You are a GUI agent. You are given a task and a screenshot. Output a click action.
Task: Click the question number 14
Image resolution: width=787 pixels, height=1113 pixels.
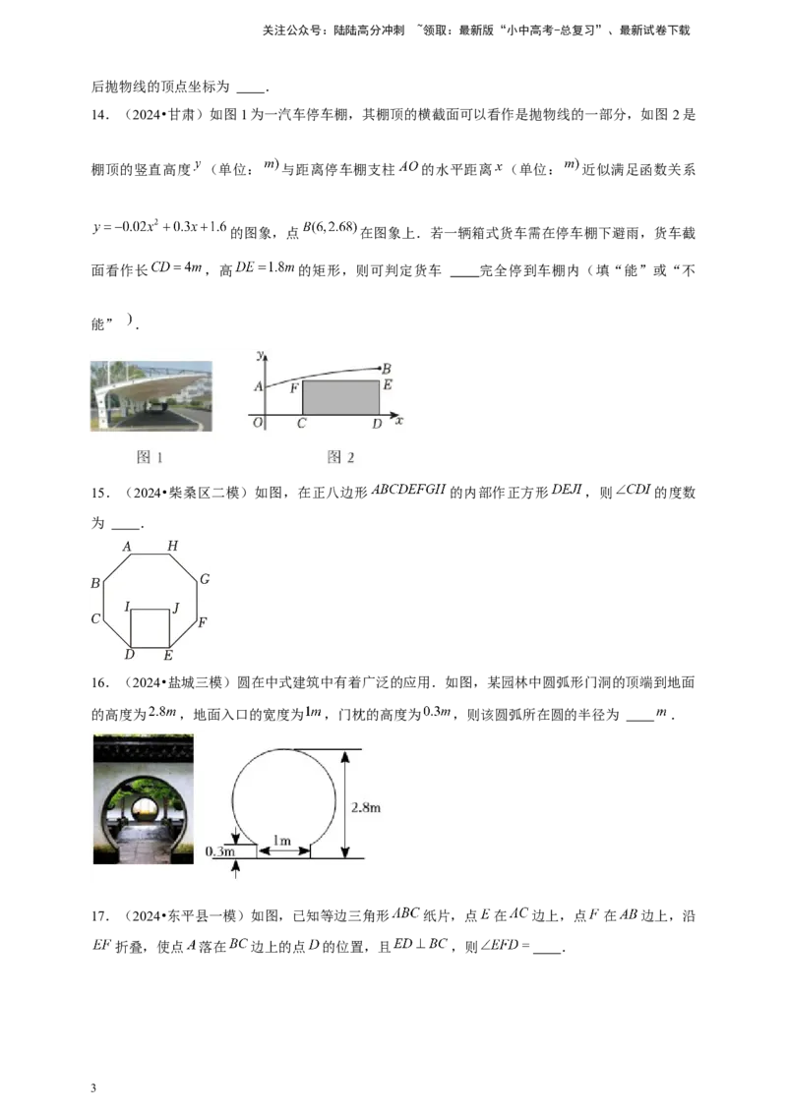click(100, 115)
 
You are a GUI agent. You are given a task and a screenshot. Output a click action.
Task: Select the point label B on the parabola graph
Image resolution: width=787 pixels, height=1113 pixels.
click(387, 369)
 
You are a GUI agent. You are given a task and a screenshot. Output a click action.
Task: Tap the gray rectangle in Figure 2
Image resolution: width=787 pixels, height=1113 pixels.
click(341, 397)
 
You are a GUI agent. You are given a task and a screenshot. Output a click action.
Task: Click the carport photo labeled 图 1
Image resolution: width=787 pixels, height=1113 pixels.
click(151, 396)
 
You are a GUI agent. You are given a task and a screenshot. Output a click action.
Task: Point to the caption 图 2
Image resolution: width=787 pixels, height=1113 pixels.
click(341, 457)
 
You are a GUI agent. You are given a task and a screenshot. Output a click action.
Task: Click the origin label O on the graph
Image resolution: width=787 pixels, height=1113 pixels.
click(257, 423)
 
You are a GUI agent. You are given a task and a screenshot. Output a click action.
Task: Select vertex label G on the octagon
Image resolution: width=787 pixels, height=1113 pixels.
click(205, 579)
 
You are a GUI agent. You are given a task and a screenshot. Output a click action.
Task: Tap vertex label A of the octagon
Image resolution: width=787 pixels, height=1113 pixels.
click(127, 547)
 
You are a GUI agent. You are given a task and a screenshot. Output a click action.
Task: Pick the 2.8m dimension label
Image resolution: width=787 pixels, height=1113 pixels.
click(366, 807)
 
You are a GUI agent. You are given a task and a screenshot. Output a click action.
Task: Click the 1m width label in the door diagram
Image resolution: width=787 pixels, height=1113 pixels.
click(282, 841)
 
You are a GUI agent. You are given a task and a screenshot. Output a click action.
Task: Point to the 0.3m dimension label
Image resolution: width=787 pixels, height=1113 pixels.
click(220, 851)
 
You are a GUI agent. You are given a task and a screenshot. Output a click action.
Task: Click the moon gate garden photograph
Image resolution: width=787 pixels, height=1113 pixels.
click(144, 799)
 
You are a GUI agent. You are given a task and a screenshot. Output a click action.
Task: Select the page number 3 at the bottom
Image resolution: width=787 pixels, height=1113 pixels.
click(93, 1088)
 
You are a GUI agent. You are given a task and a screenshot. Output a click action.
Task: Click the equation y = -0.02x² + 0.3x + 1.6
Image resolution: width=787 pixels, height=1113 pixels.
click(159, 228)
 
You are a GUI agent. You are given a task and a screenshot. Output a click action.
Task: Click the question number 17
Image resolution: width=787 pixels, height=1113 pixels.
click(100, 916)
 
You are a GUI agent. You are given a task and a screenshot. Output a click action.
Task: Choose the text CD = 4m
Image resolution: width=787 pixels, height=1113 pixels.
click(177, 268)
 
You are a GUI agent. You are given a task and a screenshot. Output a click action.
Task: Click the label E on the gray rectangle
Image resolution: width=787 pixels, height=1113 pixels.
click(388, 384)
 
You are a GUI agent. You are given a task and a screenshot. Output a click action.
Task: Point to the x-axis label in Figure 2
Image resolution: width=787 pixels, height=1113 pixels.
click(399, 421)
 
